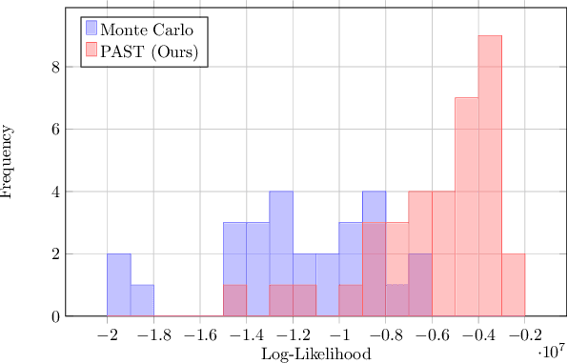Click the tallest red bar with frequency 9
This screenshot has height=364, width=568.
pos(490,176)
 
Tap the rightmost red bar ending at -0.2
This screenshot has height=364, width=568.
pos(513,285)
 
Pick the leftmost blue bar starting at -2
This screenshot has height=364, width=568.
pos(118,285)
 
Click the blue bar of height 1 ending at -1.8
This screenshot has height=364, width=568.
pos(142,300)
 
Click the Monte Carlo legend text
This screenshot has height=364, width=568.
pos(149,28)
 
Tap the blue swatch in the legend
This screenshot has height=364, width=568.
pos(91,28)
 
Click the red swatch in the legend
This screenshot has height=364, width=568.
pos(91,51)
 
